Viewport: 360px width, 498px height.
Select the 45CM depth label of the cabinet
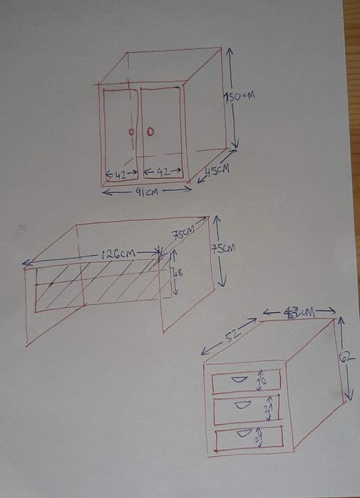point(217,170)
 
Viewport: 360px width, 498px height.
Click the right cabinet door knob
point(150,131)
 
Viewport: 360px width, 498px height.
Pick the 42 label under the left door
point(120,173)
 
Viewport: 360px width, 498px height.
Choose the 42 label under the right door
point(162,173)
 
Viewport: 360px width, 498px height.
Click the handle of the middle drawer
point(243,405)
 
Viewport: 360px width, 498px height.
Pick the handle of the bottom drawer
point(243,432)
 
